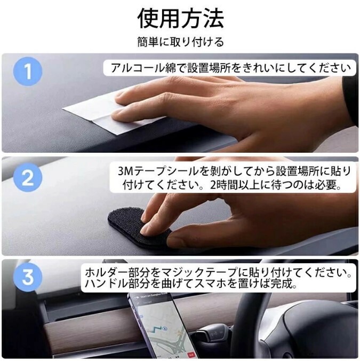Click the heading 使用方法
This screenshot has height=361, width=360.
[x=180, y=18]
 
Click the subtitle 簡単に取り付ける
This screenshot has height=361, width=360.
[x=180, y=42]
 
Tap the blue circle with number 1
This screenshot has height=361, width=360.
[x=28, y=72]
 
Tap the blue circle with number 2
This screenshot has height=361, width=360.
[x=28, y=177]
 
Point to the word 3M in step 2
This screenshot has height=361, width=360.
[x=125, y=171]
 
